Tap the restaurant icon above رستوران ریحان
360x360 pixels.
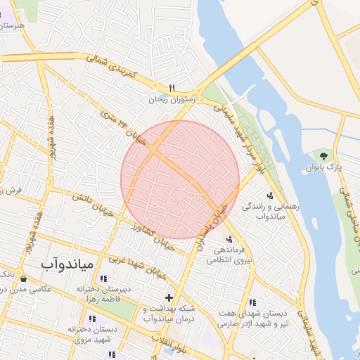(x=171, y=89)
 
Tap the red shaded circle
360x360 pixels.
(x=180, y=179)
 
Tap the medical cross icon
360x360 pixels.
(x=168, y=297)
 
